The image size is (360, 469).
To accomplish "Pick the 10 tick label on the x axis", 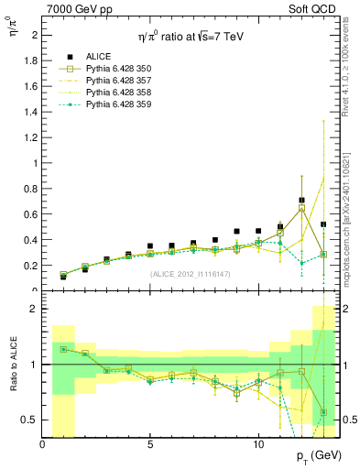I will tap(258, 444).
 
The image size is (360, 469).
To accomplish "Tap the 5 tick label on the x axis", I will tap(150, 444).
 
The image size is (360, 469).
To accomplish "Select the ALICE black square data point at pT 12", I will tap(301, 201).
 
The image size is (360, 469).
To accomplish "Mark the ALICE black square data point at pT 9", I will tap(236, 232).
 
